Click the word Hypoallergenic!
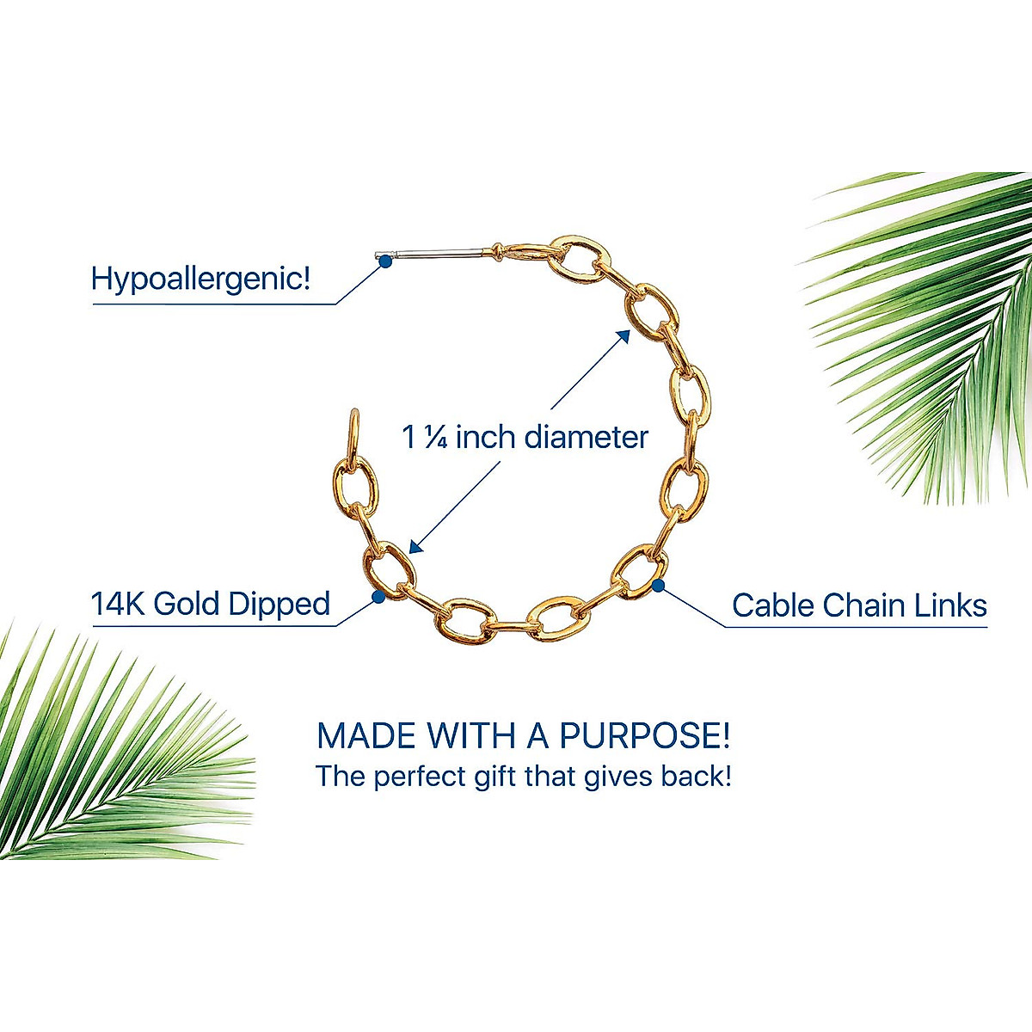pos(200,279)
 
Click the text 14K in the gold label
pos(119,604)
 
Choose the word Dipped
pos(288,605)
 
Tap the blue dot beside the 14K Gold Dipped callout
pos(378,595)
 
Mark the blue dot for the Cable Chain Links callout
pos(658,587)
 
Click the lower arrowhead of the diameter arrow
pos(415,546)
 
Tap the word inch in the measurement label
pos(485,438)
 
